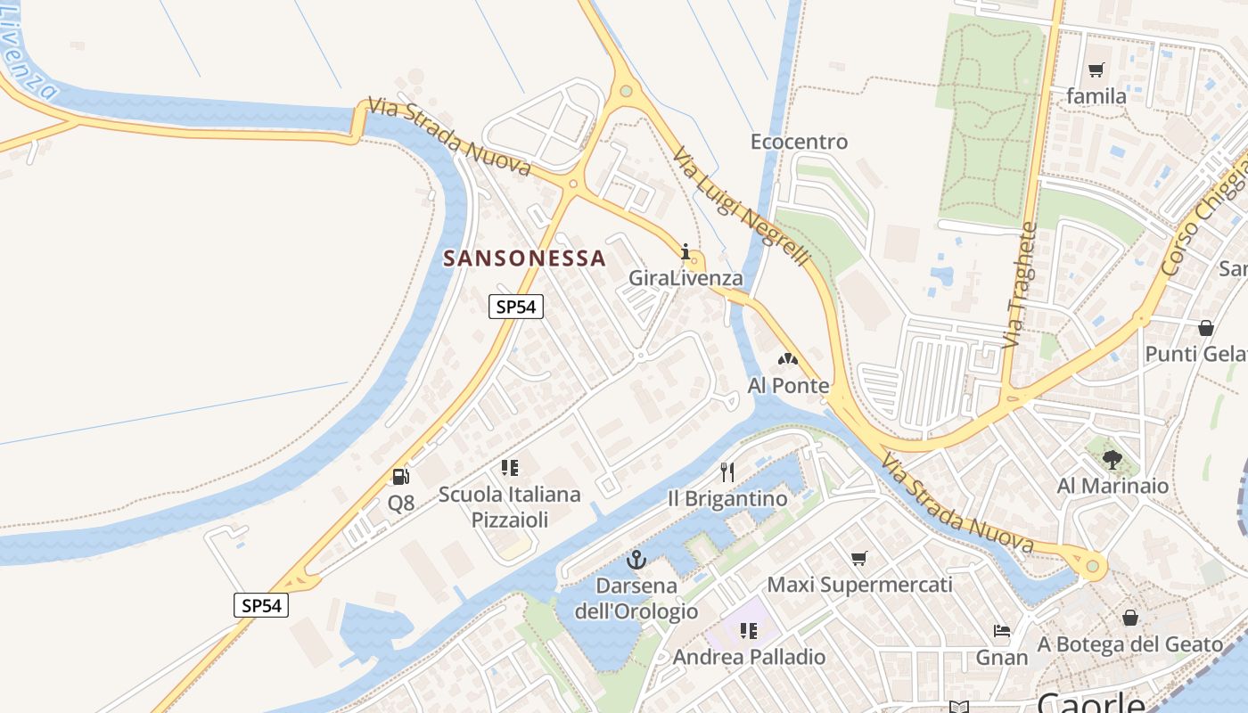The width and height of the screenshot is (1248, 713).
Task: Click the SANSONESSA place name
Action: click(524, 258)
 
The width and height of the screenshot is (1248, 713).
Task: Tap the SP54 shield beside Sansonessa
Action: click(516, 307)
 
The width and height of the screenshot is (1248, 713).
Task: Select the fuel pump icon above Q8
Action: click(400, 477)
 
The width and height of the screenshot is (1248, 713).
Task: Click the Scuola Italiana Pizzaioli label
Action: click(509, 506)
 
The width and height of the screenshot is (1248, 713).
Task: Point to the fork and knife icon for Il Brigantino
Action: click(727, 471)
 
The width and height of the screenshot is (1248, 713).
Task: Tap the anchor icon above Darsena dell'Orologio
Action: click(636, 560)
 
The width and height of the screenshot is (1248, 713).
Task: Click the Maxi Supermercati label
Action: click(859, 585)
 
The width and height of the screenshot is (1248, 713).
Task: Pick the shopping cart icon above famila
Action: click(1096, 70)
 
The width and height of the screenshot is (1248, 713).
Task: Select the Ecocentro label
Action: click(799, 142)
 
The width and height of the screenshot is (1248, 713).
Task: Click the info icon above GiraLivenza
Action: click(686, 251)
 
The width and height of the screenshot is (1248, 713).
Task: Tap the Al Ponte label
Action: click(788, 386)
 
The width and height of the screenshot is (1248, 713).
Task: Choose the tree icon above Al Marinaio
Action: click(1112, 460)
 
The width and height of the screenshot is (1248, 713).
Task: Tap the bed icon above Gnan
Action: click(1002, 632)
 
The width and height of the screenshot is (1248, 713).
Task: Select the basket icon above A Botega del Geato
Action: click(1129, 618)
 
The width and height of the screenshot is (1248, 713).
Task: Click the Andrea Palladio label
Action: click(749, 657)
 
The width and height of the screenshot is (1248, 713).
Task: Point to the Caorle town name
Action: click(1090, 702)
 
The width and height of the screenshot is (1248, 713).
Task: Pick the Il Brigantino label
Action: click(727, 498)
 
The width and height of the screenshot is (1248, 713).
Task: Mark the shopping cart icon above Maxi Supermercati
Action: click(858, 559)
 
